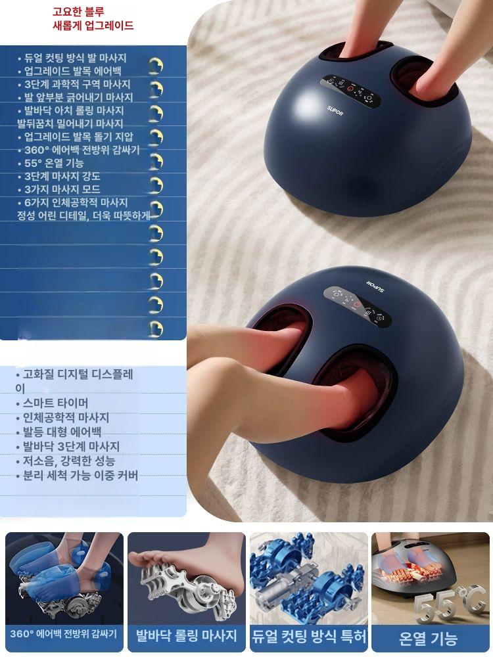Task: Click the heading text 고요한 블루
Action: tap(78, 12)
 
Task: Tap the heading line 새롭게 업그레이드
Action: tap(93, 26)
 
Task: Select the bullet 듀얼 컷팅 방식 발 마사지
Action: tap(75, 58)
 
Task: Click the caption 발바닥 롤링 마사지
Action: tap(186, 635)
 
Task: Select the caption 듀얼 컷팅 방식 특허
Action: tap(309, 635)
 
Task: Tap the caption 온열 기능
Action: tap(429, 637)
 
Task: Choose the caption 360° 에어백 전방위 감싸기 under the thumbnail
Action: tap(64, 634)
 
